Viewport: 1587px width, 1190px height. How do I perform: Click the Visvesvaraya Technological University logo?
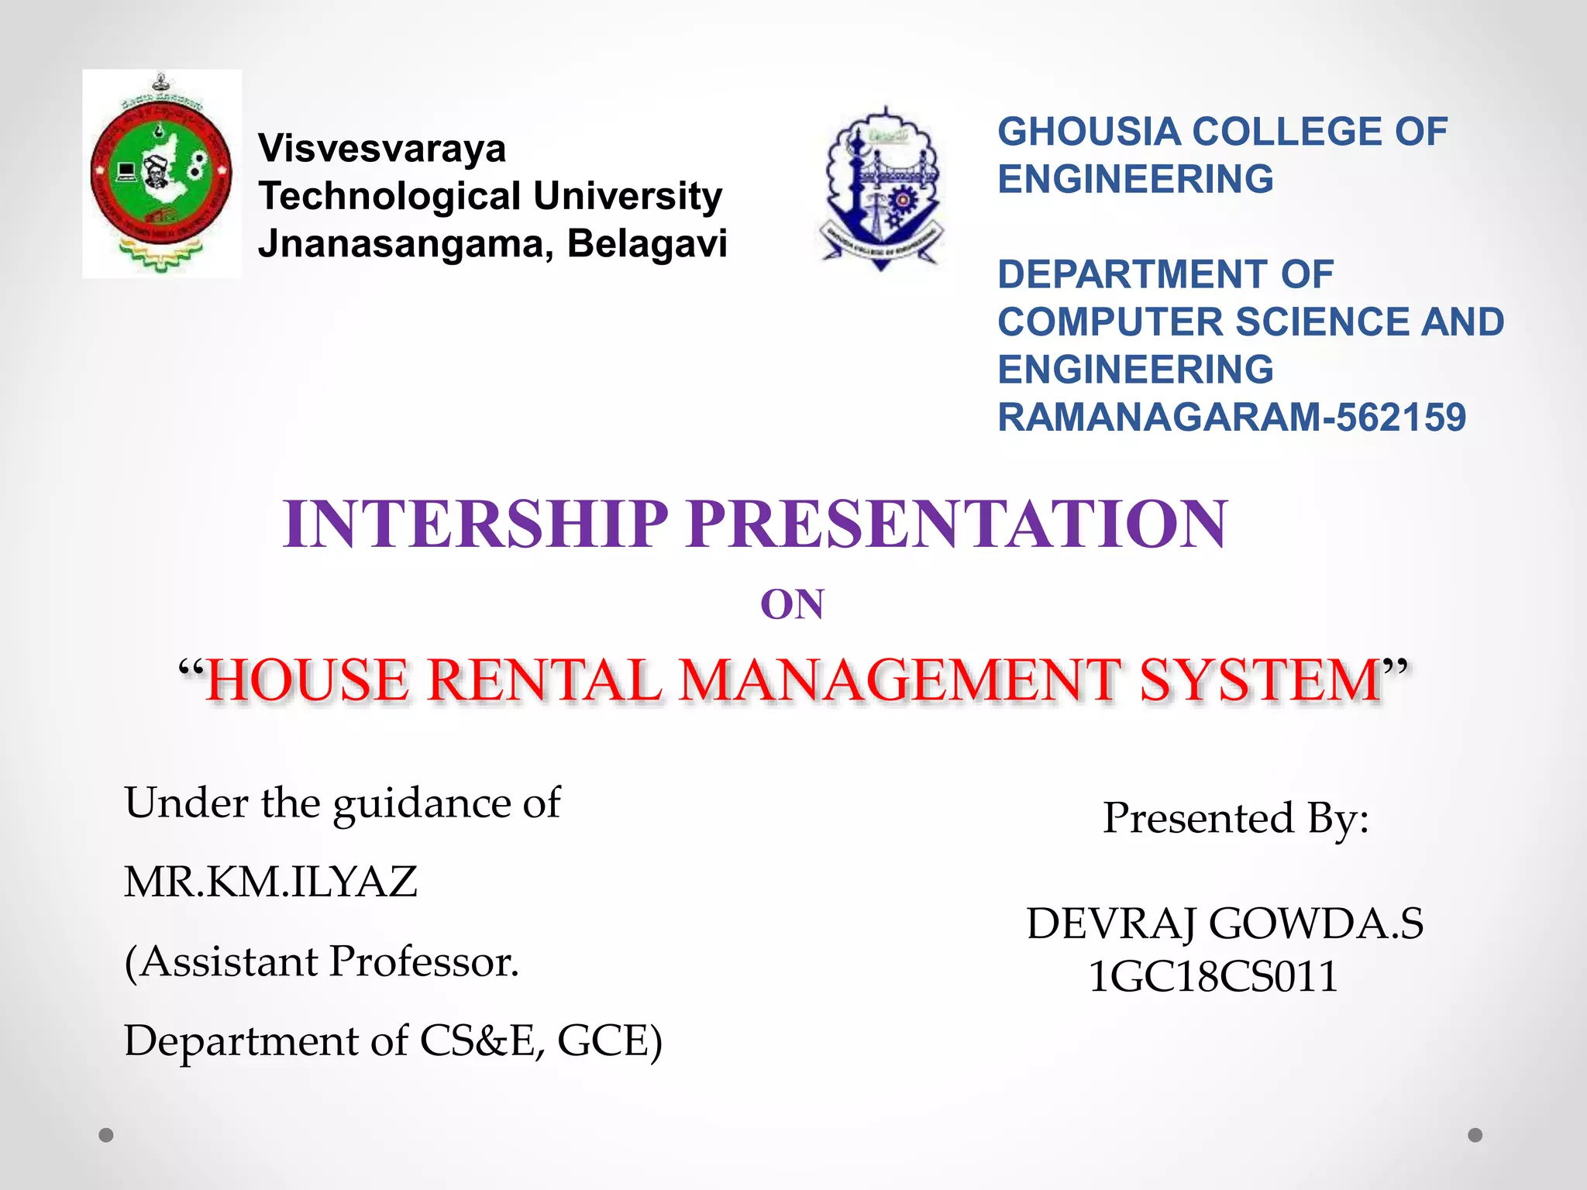[x=161, y=174]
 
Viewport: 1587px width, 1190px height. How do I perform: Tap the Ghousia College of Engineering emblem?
[x=881, y=188]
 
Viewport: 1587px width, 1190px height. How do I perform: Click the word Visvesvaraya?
[x=382, y=148]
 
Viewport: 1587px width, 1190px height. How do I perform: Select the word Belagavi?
[x=647, y=243]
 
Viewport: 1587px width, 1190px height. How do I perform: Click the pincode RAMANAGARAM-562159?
[x=1231, y=418]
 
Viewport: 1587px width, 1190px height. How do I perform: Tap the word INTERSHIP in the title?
[x=475, y=524]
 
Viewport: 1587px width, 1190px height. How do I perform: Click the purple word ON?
[x=792, y=604]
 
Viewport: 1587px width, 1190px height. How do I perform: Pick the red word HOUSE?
[x=308, y=680]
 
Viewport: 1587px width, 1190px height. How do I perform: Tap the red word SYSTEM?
[x=1260, y=680]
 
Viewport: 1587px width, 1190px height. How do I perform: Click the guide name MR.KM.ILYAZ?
[x=270, y=882]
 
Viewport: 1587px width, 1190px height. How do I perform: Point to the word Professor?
[x=424, y=961]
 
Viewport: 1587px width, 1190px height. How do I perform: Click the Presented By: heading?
[x=1236, y=818]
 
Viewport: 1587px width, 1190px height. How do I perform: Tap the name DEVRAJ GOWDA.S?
[x=1225, y=923]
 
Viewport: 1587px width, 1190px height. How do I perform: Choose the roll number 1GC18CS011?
[x=1213, y=976]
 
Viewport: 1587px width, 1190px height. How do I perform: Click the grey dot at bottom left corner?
[x=106, y=1135]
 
